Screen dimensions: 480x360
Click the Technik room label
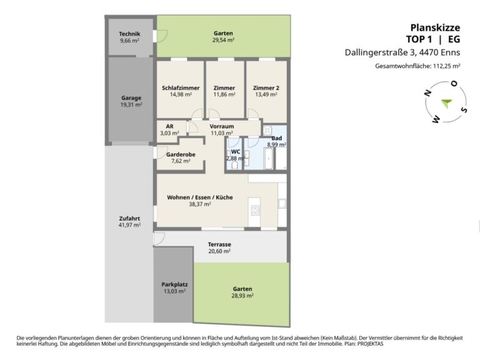[129, 34]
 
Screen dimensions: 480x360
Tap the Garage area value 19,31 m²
[131, 105]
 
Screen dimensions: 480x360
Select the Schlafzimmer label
[181, 88]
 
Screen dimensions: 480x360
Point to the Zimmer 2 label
[266, 88]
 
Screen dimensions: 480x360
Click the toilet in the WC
[235, 165]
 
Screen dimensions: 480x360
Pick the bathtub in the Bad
[269, 159]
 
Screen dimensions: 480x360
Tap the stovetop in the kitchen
[255, 210]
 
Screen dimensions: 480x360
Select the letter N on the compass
[427, 93]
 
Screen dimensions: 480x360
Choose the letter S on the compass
[464, 109]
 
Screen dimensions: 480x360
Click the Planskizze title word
[435, 28]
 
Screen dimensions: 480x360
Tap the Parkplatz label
[174, 284]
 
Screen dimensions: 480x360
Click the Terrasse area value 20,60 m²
[219, 251]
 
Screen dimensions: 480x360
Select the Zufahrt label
[129, 218]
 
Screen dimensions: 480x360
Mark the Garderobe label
[181, 154]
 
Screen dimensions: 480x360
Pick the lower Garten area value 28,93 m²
[242, 296]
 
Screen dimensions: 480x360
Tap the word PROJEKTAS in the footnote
[371, 344]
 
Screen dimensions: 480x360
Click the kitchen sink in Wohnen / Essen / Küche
[282, 203]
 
